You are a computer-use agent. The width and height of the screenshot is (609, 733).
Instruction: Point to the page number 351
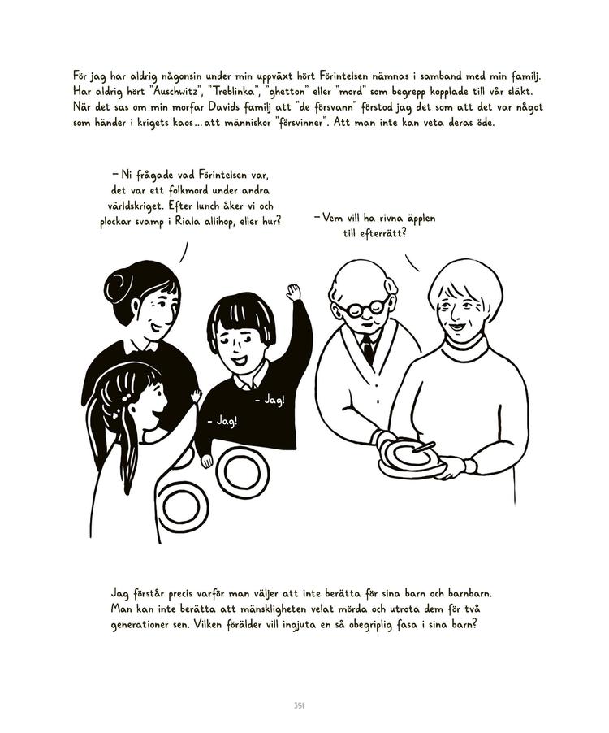[299, 705]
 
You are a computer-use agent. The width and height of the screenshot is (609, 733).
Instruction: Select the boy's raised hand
[293, 292]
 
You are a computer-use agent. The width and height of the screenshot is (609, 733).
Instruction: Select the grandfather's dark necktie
[369, 350]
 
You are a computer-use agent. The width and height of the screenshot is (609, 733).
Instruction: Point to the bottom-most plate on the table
[180, 505]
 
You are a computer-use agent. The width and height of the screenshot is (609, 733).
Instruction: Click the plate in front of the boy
[242, 472]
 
